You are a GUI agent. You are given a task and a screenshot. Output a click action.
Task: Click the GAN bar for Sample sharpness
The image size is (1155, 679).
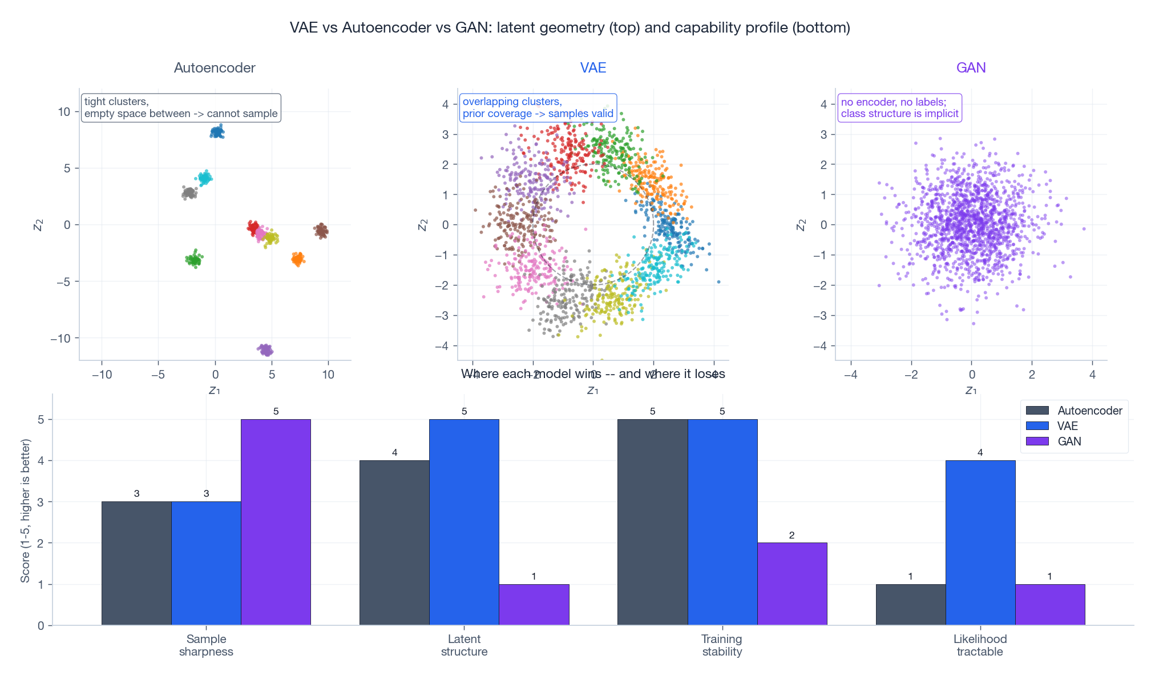pos(276,522)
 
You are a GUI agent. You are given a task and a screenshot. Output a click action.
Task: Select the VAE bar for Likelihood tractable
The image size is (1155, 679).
pos(980,543)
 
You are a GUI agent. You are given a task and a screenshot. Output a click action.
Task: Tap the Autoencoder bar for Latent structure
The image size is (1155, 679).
pos(394,543)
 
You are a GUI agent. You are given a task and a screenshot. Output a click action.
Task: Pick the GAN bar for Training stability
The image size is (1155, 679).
pos(791,584)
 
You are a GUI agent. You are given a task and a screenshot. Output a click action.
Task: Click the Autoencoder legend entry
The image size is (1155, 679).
pos(1073,411)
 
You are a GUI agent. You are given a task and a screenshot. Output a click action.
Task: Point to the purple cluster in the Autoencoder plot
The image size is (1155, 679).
pos(265,350)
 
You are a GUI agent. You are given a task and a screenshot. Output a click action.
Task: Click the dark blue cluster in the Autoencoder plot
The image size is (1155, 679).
pos(217,132)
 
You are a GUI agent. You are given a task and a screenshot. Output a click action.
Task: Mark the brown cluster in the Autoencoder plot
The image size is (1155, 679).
pos(321,231)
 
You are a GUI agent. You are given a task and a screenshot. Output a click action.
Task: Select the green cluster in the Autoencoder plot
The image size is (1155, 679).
pos(195,260)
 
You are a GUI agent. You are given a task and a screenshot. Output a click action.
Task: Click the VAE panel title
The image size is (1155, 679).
pos(593,68)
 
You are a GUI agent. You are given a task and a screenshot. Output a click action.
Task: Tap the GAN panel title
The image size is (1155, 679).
pos(971,68)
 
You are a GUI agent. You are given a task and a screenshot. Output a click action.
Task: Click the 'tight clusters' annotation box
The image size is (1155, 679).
pos(181,107)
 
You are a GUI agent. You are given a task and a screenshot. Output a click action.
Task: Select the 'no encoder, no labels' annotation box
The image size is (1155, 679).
pos(899,108)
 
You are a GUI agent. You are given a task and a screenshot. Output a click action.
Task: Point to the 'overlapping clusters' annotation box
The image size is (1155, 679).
pos(538,107)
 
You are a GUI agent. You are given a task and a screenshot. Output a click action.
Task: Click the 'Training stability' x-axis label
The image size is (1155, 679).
pos(722,645)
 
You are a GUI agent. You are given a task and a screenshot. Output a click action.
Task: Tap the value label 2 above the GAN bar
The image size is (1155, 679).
pos(791,535)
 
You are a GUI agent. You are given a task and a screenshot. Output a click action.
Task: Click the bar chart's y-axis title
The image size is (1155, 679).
pos(25,511)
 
